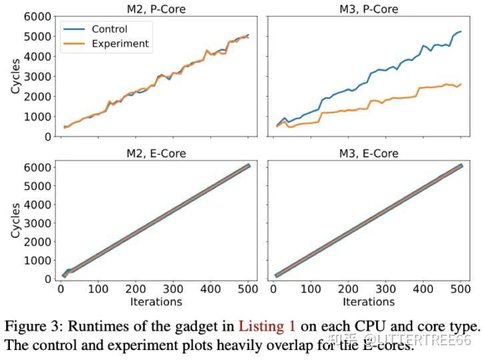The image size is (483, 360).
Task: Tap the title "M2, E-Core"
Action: pos(157,153)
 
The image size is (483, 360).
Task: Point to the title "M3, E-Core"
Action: pos(370,153)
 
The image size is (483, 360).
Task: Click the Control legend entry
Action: pos(109,29)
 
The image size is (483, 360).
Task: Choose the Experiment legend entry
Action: pos(120,44)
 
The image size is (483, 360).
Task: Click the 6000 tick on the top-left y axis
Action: pos(35,17)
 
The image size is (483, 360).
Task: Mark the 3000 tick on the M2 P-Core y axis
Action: pos(35,77)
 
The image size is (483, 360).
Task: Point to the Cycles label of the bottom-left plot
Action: pos(15,220)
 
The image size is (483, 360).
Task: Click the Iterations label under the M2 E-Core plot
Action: pos(156,302)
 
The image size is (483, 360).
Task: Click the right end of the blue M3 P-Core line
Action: pos(461,31)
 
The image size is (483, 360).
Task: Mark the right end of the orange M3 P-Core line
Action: pos(461,84)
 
